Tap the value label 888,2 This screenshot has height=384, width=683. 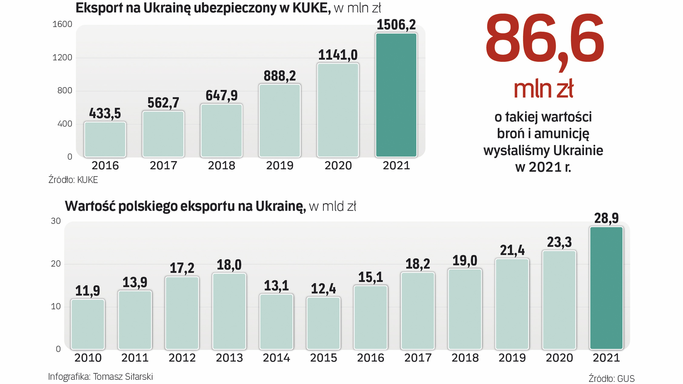(x=280, y=76)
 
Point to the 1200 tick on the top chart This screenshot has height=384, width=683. (x=62, y=58)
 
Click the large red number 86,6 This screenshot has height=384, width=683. (x=544, y=39)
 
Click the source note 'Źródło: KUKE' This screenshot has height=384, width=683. (x=73, y=180)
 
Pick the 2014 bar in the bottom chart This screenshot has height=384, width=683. (x=276, y=322)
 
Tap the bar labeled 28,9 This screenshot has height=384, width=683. (x=606, y=288)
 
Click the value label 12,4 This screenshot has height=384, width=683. (x=323, y=289)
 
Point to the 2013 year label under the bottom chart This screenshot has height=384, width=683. (x=229, y=358)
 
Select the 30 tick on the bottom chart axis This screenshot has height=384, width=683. (x=56, y=221)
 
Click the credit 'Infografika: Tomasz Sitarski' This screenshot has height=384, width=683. (x=100, y=377)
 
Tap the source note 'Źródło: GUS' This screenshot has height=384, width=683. (x=611, y=379)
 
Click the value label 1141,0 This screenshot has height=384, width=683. (x=338, y=55)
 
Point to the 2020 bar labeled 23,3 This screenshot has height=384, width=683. (x=559, y=300)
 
